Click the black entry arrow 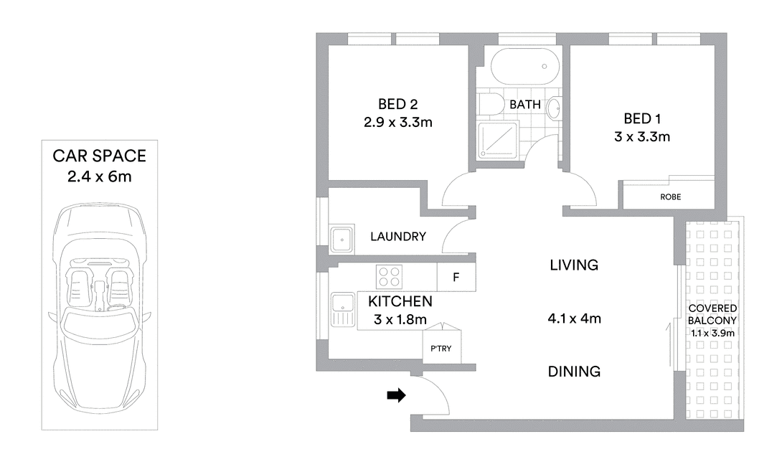point(397,395)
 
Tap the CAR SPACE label point(99,156)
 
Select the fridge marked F point(456,277)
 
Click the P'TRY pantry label point(441,349)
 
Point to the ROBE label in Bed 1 point(670,197)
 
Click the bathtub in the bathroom point(524,67)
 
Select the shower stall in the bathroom point(498,140)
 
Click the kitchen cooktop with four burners point(389,277)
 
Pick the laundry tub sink point(342,240)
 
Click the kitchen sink point(342,310)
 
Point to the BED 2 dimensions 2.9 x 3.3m point(398,122)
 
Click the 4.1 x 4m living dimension point(574,318)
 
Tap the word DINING point(574,372)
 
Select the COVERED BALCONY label point(712,314)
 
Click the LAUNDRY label point(398,236)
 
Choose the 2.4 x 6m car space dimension point(99,176)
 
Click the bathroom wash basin point(554,108)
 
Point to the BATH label point(525,105)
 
